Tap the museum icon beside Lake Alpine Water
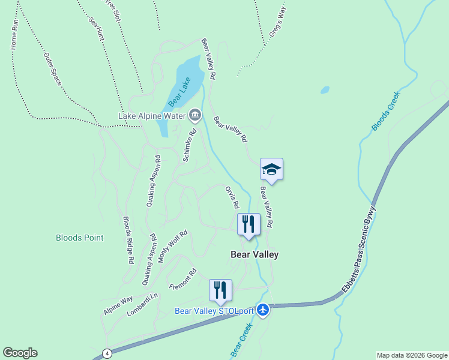195,115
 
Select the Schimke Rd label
189,146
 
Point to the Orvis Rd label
232,197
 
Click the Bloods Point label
79,238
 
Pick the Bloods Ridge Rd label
127,240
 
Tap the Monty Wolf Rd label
172,246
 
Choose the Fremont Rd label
182,278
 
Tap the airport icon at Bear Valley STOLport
263,310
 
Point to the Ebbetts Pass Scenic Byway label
358,251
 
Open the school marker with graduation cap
271,170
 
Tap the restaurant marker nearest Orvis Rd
249,224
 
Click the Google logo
20,353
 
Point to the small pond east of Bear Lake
325,90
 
